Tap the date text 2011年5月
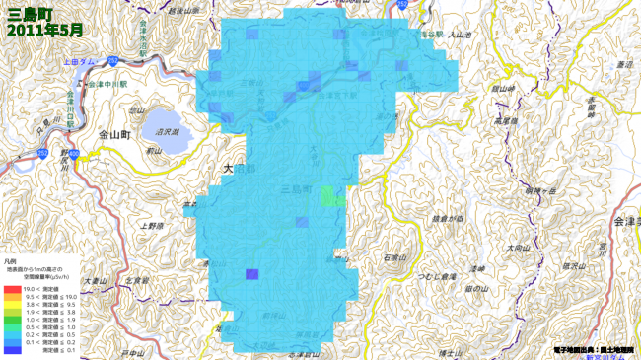click(44, 31)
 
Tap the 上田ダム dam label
click(80, 61)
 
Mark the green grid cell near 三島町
click(330, 195)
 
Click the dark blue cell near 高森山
click(251, 275)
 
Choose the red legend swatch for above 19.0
click(11, 288)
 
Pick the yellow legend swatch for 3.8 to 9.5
click(11, 305)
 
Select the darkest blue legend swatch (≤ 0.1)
click(11, 349)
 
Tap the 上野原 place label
click(152, 226)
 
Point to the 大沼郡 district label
click(240, 169)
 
